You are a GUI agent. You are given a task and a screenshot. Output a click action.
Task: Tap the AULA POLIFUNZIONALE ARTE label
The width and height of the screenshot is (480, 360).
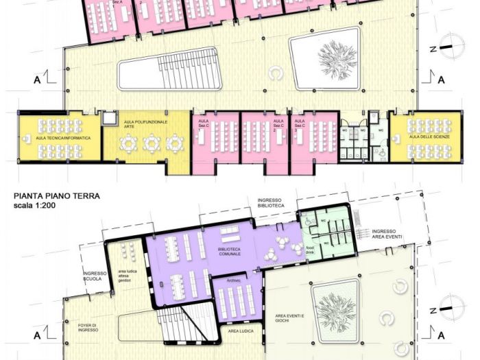pos(139,123)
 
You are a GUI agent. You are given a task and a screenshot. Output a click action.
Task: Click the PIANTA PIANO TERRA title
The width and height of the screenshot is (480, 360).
pos(57,195)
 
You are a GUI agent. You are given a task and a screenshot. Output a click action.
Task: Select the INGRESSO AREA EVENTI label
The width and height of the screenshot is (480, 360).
pos(387,235)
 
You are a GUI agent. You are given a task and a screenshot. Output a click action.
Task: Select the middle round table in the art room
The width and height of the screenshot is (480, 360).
pos(151,143)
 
